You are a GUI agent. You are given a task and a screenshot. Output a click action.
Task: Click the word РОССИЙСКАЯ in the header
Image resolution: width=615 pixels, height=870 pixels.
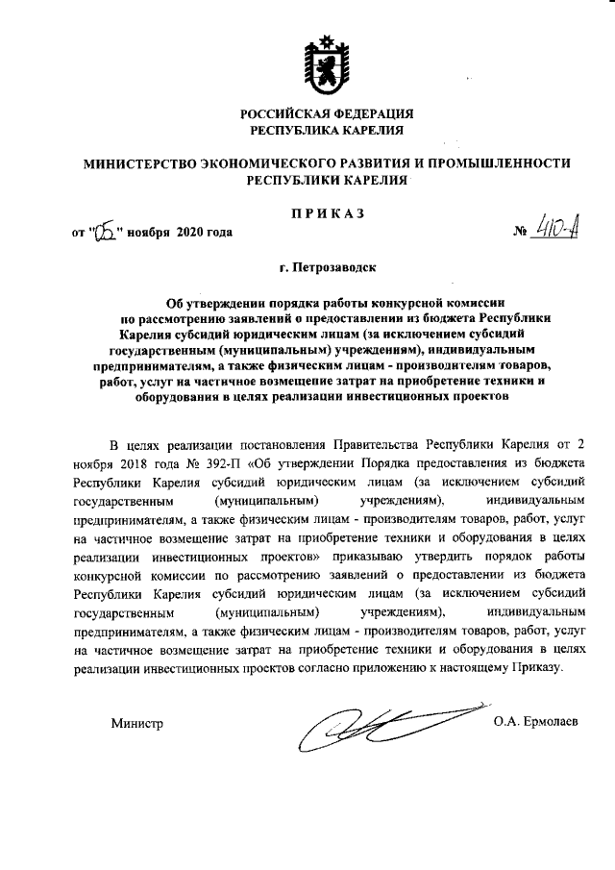[x=284, y=113]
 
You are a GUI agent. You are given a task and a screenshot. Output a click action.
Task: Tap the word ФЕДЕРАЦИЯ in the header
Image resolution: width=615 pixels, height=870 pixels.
[x=373, y=113]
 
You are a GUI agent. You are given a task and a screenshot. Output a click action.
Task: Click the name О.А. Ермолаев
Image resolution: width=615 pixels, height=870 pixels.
[x=536, y=721]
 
